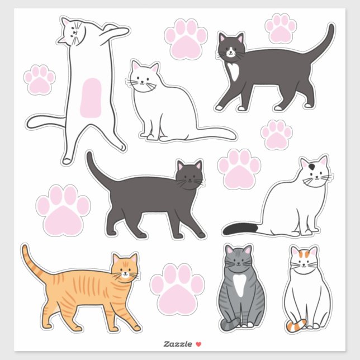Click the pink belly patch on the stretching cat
[x=90, y=98]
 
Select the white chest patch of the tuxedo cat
[x=234, y=70]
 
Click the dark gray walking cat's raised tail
[x=98, y=170]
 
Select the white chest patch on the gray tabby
[x=239, y=285]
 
